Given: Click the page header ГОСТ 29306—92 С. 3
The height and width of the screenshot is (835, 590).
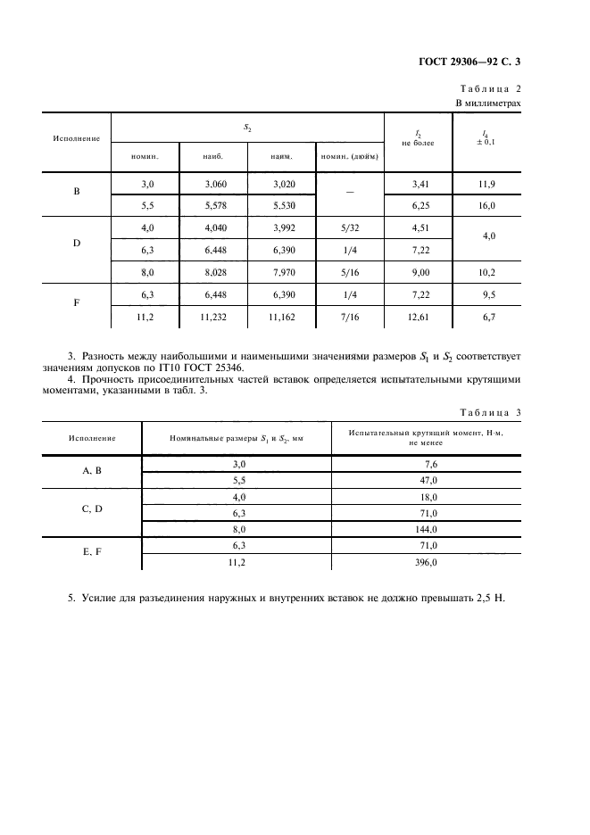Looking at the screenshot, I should (x=469, y=62).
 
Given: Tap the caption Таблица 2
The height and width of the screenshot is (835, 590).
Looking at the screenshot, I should (x=490, y=89).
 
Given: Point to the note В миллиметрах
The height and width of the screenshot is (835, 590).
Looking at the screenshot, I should (x=488, y=103).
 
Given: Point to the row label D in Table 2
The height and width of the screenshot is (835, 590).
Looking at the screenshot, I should (x=76, y=243).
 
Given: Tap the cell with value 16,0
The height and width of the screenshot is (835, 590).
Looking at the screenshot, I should (x=487, y=204).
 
